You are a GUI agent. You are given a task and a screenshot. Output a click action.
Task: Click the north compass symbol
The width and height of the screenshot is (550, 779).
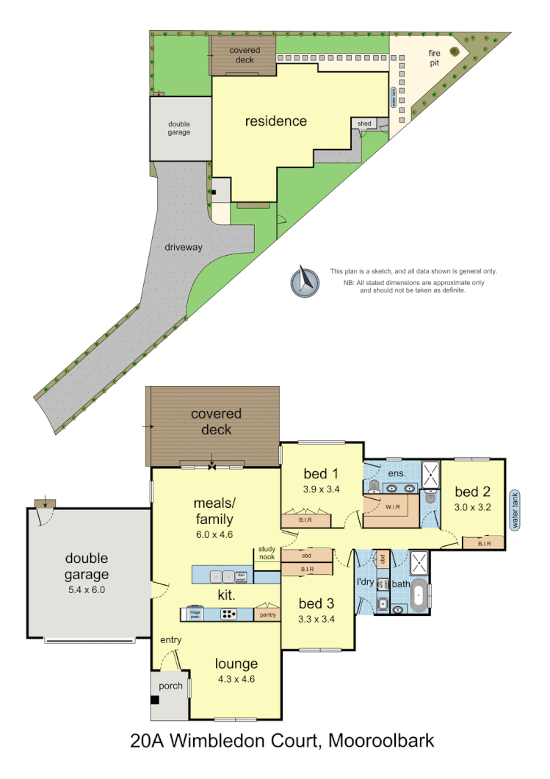click(x=305, y=281)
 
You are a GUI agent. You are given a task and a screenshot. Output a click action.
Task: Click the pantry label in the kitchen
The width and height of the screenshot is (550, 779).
click(x=267, y=614)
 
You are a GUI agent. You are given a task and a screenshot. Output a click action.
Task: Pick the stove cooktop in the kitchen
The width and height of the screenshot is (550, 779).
click(x=229, y=614)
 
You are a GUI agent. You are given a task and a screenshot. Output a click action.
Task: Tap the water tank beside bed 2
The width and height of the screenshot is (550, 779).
click(x=515, y=510)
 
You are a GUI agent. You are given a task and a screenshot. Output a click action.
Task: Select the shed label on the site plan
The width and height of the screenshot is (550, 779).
click(x=364, y=124)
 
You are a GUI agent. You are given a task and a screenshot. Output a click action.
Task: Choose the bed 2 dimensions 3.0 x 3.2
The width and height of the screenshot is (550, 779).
click(x=472, y=506)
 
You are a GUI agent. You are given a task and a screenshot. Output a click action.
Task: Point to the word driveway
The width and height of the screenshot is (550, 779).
click(x=184, y=248)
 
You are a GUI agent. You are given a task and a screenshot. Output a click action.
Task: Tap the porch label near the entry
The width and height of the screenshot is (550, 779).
click(x=170, y=686)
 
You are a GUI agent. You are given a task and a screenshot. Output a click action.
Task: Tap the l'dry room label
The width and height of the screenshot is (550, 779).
click(x=365, y=583)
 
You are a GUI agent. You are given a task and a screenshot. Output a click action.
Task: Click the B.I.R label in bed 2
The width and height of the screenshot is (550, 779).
click(x=483, y=544)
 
